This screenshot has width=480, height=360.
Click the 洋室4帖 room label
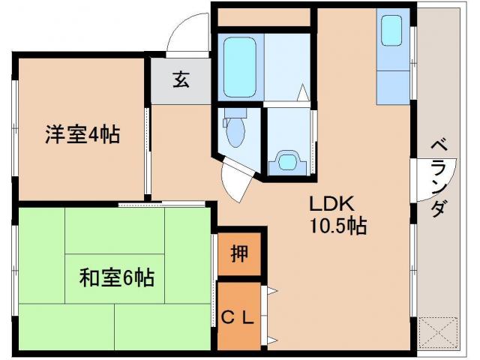(x=82, y=136)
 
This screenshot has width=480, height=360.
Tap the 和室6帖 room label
(x=117, y=278)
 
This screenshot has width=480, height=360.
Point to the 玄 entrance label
(x=181, y=79)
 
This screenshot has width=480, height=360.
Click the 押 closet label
(x=238, y=254)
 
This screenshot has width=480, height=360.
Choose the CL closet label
(x=239, y=316)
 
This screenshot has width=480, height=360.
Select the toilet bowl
(x=235, y=132)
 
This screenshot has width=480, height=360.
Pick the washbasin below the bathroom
(x=287, y=160)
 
